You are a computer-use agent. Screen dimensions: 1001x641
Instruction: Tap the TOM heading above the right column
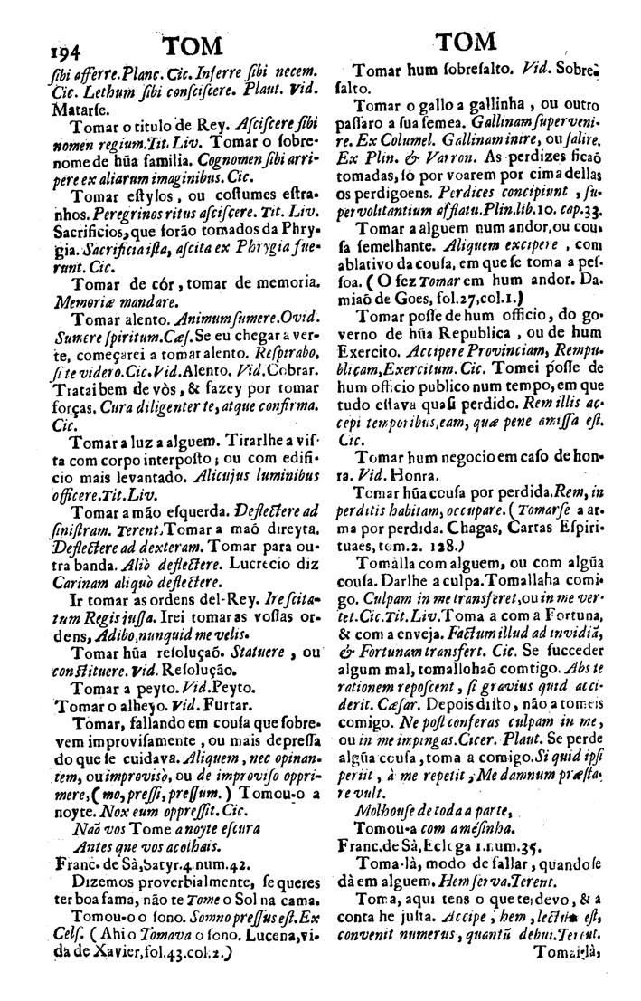click(464, 43)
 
